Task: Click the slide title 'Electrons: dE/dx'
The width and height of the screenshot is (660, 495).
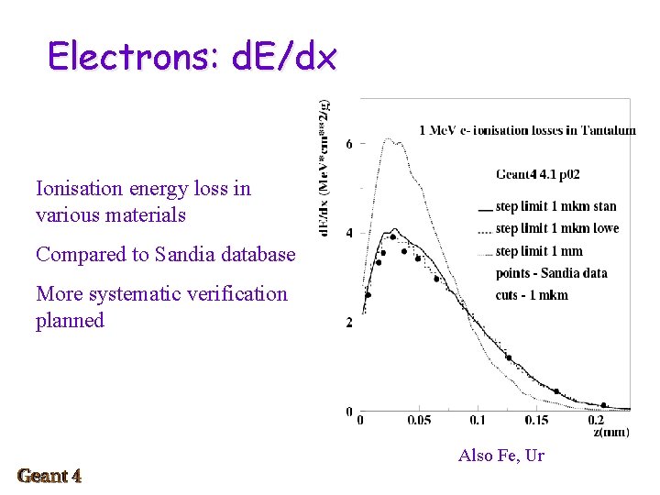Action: click(x=192, y=57)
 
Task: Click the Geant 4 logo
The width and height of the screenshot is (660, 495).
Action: click(x=49, y=476)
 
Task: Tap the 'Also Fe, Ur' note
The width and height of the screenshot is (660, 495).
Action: click(x=500, y=456)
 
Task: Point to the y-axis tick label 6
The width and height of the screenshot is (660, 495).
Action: click(x=349, y=145)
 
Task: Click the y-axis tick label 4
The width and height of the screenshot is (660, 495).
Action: click(x=349, y=234)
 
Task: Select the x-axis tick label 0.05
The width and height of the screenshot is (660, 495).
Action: click(x=418, y=421)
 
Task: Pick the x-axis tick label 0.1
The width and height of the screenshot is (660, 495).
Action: click(x=478, y=421)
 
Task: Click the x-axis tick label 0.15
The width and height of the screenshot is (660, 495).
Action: click(x=537, y=421)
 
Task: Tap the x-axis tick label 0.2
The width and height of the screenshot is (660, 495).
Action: click(x=597, y=421)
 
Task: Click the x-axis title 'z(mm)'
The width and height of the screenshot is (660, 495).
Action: click(x=610, y=432)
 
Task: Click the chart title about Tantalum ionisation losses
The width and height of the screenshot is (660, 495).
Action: click(x=527, y=130)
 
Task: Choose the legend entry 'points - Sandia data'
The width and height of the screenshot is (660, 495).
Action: click(x=551, y=273)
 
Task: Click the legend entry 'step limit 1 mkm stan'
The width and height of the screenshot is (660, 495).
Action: click(x=555, y=206)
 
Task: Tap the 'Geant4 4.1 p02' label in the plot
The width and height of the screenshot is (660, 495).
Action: click(x=537, y=174)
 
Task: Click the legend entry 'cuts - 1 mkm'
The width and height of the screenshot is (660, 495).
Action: click(x=532, y=295)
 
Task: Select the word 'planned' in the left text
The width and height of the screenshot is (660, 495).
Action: click(x=70, y=321)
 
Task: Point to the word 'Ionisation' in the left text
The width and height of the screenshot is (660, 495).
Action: click(x=79, y=189)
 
